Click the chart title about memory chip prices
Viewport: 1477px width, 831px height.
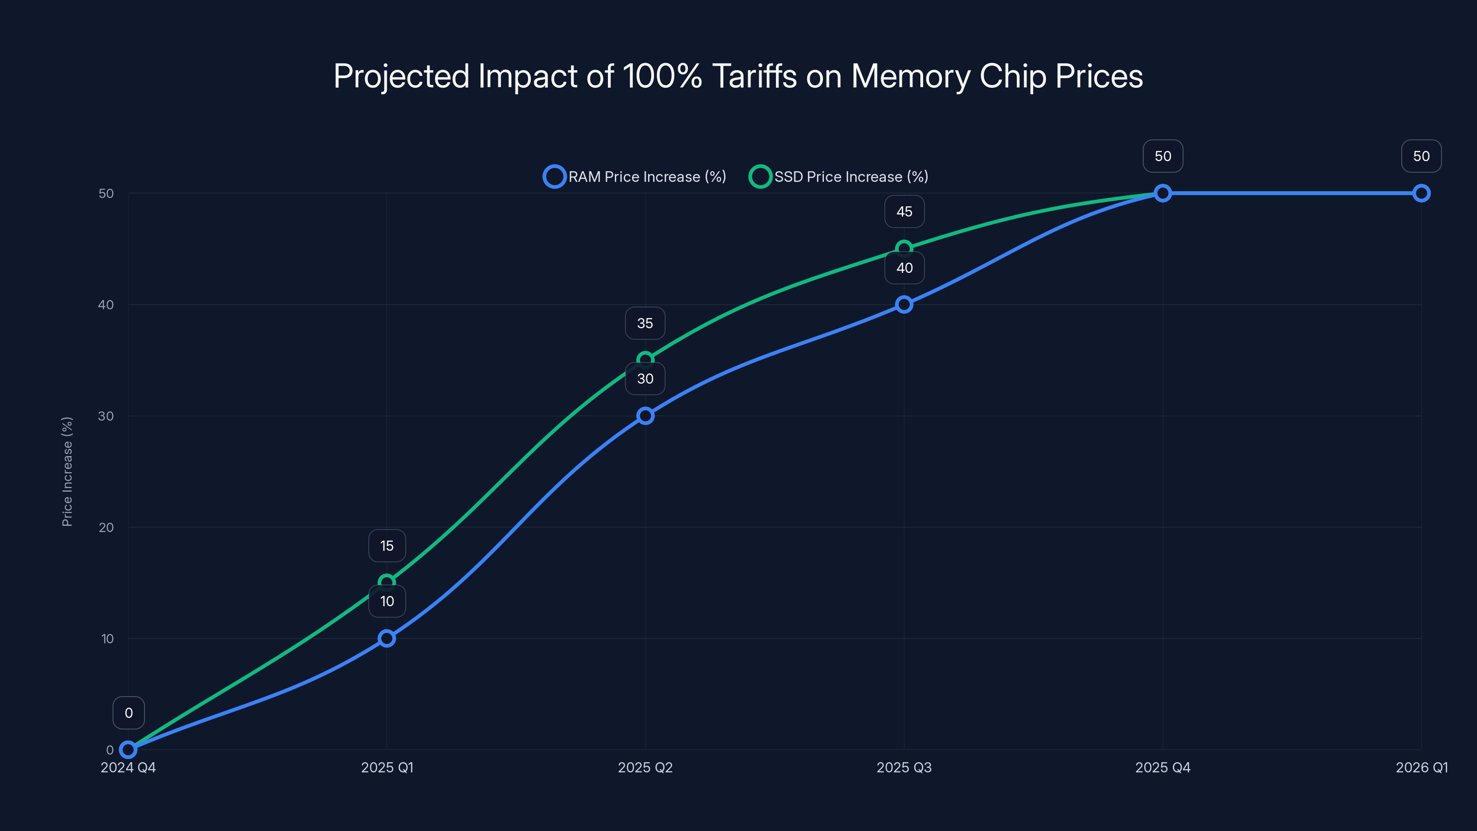pos(738,76)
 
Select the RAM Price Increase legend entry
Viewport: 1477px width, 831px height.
pos(635,177)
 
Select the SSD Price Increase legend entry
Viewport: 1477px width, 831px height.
pos(839,177)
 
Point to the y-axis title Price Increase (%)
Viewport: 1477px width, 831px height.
pos(67,471)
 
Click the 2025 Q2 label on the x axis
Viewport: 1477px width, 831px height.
pos(645,767)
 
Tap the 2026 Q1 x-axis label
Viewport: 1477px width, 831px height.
pos(1422,767)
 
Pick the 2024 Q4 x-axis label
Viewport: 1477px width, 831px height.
pos(128,767)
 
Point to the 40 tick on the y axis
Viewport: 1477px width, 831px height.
pos(106,305)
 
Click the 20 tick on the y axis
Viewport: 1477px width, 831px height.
pos(106,527)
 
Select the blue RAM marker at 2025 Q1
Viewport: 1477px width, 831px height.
pos(387,638)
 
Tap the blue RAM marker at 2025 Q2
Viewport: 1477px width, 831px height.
pos(645,416)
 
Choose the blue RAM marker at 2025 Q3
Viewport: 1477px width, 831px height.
pos(904,305)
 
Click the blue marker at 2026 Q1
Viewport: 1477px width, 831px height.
pos(1422,193)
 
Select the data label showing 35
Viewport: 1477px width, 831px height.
pos(645,324)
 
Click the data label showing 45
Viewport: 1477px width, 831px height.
pos(904,211)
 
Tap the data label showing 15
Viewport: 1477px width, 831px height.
pos(387,546)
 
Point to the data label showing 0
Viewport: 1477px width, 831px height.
pos(128,713)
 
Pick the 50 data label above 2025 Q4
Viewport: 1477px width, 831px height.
pos(1163,156)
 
